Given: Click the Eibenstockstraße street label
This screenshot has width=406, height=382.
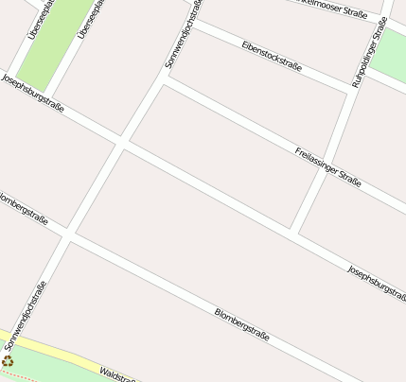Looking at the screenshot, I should click(x=271, y=56).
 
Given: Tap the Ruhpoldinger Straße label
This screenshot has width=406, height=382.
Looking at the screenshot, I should click(x=369, y=55).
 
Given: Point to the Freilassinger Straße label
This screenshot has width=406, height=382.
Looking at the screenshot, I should click(x=327, y=166).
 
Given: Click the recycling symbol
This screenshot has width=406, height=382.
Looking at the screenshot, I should click(x=8, y=359).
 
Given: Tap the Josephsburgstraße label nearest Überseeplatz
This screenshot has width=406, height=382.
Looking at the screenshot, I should click(x=32, y=94).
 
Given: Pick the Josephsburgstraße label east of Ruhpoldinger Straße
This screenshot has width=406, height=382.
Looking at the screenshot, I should click(x=377, y=283).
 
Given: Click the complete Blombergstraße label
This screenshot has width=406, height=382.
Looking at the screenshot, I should click(x=242, y=324).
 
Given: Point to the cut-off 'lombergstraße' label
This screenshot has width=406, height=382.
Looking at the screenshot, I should click(x=23, y=210).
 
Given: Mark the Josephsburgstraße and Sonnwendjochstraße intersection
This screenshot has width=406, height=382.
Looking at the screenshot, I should click(x=121, y=144).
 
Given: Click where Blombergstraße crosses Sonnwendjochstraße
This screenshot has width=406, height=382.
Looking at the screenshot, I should click(x=67, y=233).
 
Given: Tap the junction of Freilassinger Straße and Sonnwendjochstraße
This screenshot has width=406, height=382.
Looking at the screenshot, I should click(x=164, y=79).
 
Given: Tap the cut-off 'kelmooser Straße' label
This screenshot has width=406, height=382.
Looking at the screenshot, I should click(x=329, y=9).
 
